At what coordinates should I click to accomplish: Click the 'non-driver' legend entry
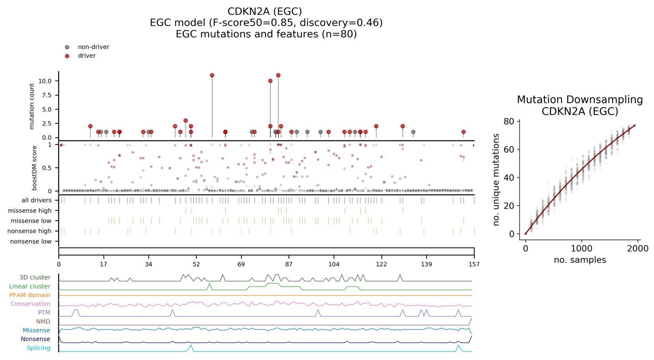click(x=93, y=47)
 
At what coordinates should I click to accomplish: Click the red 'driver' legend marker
click(x=67, y=56)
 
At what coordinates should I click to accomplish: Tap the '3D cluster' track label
click(x=35, y=278)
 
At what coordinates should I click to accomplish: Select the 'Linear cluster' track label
click(x=30, y=286)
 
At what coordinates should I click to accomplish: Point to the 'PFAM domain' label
click(x=30, y=295)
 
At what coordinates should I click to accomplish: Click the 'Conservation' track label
click(x=31, y=304)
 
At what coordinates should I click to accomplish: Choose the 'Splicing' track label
click(x=39, y=348)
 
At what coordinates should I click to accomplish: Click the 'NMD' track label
click(x=43, y=321)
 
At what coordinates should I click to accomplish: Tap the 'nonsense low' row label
click(x=31, y=241)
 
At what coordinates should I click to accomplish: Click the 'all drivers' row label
click(x=37, y=200)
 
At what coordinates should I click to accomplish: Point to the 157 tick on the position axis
click(x=474, y=264)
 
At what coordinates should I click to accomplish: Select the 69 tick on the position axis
click(x=241, y=264)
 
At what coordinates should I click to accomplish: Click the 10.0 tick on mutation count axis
click(x=45, y=81)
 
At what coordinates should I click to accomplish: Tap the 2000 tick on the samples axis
click(x=638, y=249)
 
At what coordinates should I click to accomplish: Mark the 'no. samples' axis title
click(x=580, y=260)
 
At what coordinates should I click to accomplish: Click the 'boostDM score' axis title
click(x=35, y=168)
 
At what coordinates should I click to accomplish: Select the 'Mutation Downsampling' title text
click(x=580, y=100)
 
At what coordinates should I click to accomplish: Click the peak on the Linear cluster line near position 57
click(x=210, y=284)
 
